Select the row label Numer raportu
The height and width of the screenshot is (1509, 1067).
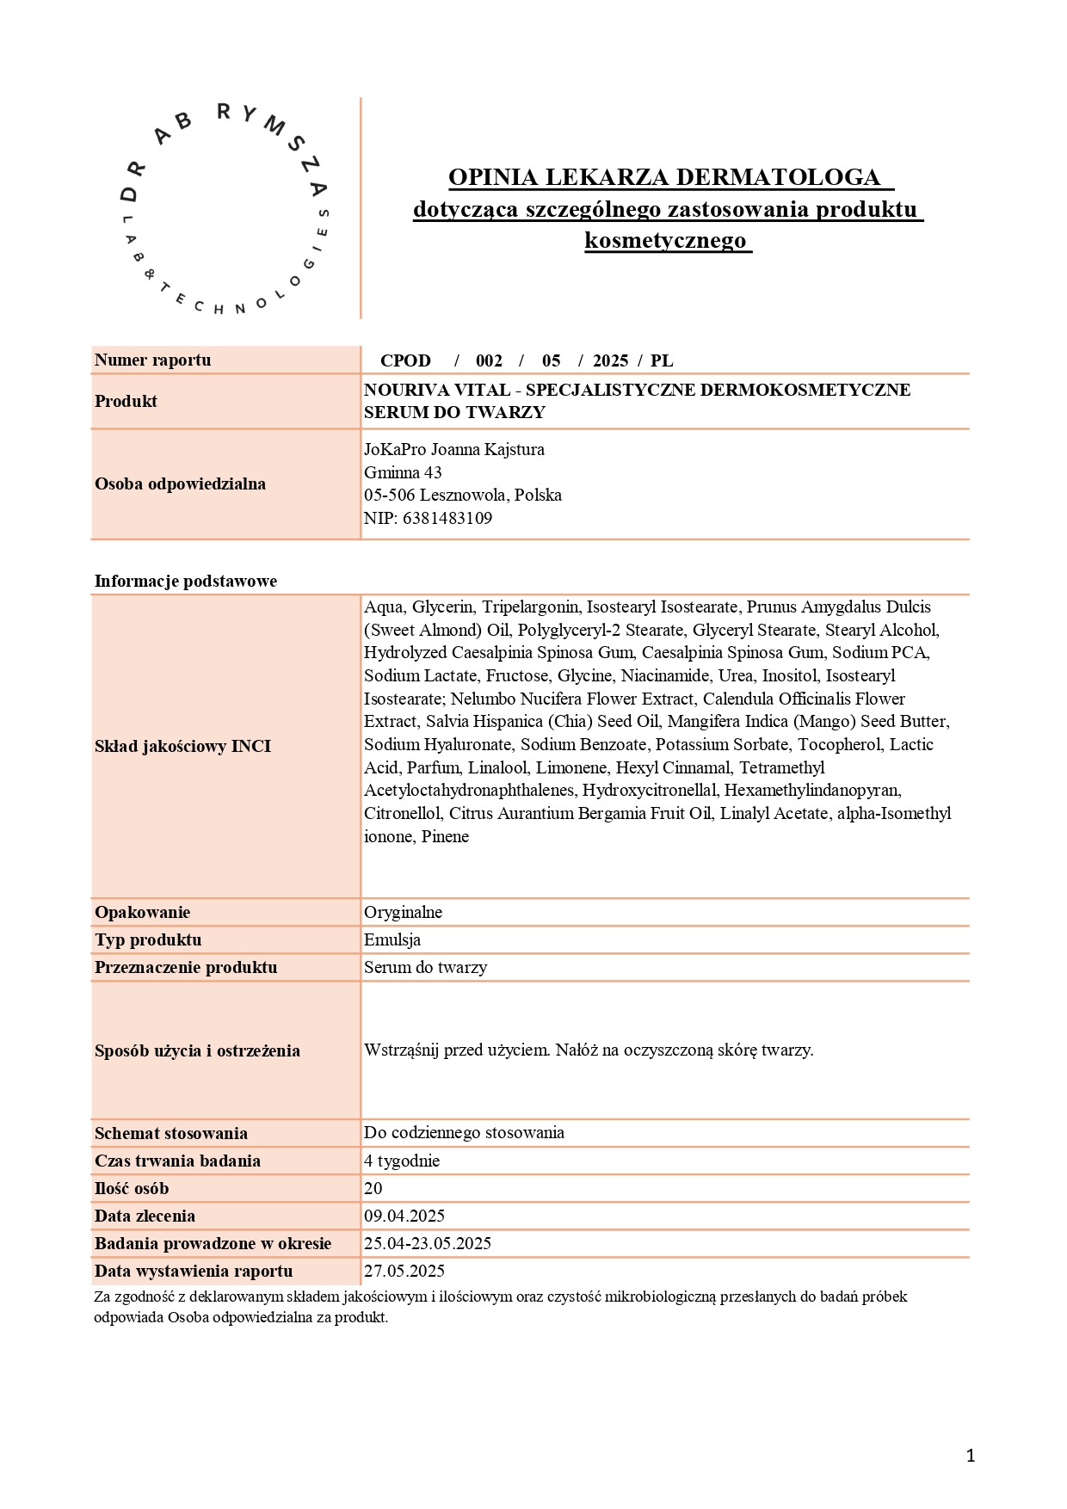(152, 360)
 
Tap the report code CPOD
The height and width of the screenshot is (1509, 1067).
(405, 360)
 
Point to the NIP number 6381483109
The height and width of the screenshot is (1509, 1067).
(447, 518)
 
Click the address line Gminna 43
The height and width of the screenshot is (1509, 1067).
(403, 472)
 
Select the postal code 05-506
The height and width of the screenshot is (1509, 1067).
(390, 496)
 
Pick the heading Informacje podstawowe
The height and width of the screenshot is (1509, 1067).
(185, 581)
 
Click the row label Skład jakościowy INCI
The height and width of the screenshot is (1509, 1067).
(182, 746)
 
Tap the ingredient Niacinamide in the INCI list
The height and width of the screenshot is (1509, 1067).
(665, 675)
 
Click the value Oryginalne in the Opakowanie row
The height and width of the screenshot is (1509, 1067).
(403, 912)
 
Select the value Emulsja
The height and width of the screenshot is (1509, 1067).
(392, 939)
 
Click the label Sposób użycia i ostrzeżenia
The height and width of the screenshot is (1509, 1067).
(197, 1050)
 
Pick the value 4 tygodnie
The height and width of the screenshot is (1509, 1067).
(402, 1161)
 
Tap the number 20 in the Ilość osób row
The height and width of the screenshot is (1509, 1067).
(373, 1188)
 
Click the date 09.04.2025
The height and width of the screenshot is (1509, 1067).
(404, 1216)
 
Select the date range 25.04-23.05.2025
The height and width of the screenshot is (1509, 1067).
(428, 1243)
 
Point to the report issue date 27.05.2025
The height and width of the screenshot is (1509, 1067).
(404, 1271)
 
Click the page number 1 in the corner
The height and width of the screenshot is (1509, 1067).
(971, 1456)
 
